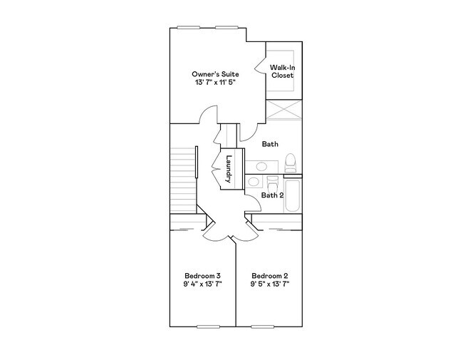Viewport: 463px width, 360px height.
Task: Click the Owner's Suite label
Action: tap(214, 74)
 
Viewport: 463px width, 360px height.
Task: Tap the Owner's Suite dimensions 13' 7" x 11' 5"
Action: tap(214, 83)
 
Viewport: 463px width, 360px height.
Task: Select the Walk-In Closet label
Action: tap(282, 71)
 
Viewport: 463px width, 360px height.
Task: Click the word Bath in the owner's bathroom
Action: tap(270, 144)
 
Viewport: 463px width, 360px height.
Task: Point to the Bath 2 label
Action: tap(272, 195)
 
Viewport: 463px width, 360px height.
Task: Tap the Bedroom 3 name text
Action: tap(202, 276)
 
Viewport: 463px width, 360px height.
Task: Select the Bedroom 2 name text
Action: tap(269, 276)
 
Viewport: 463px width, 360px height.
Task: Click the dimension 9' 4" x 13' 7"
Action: tap(202, 284)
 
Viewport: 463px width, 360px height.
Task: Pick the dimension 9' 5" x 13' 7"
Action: tap(269, 284)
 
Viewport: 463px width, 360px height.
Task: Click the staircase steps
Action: tap(183, 178)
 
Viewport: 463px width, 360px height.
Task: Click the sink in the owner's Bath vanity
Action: tap(261, 166)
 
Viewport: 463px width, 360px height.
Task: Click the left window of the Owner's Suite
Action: tap(188, 28)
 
